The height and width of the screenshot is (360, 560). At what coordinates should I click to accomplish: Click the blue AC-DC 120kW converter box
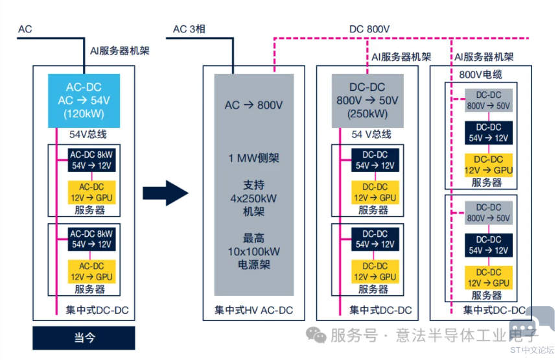coord(84,101)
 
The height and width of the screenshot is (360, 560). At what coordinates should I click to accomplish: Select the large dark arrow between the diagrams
coord(165,193)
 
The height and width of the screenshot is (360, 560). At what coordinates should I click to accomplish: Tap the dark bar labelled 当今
coord(84,338)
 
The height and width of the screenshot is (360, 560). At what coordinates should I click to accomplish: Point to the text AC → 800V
coord(253,105)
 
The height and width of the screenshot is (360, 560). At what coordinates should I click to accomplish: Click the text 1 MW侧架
coord(253,158)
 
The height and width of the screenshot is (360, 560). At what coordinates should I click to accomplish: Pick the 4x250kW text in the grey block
coord(253,198)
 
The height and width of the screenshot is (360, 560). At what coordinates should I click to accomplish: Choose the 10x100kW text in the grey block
coord(254,251)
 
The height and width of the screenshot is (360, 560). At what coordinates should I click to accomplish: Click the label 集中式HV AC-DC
coord(253,310)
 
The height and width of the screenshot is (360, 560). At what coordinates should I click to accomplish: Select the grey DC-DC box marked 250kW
coord(367,101)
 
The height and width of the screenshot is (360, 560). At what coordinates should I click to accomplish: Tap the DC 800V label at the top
coord(369,29)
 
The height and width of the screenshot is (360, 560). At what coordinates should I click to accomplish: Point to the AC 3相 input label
coord(189,29)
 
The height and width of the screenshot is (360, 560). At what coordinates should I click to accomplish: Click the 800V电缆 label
coord(480,75)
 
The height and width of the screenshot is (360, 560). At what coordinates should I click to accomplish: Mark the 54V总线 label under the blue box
coord(88,134)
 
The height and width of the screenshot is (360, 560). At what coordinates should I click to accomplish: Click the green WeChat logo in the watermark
coord(316,335)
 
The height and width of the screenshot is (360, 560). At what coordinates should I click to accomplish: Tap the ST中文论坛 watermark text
coord(532,350)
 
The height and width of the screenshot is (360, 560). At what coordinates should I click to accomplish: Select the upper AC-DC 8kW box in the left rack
coord(92,160)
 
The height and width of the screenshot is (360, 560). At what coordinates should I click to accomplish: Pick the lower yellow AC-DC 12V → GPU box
coord(92,272)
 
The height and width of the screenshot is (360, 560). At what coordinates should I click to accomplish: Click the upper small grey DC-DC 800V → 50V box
coord(489,101)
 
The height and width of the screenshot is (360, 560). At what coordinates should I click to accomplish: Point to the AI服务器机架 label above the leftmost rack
coord(120,51)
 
